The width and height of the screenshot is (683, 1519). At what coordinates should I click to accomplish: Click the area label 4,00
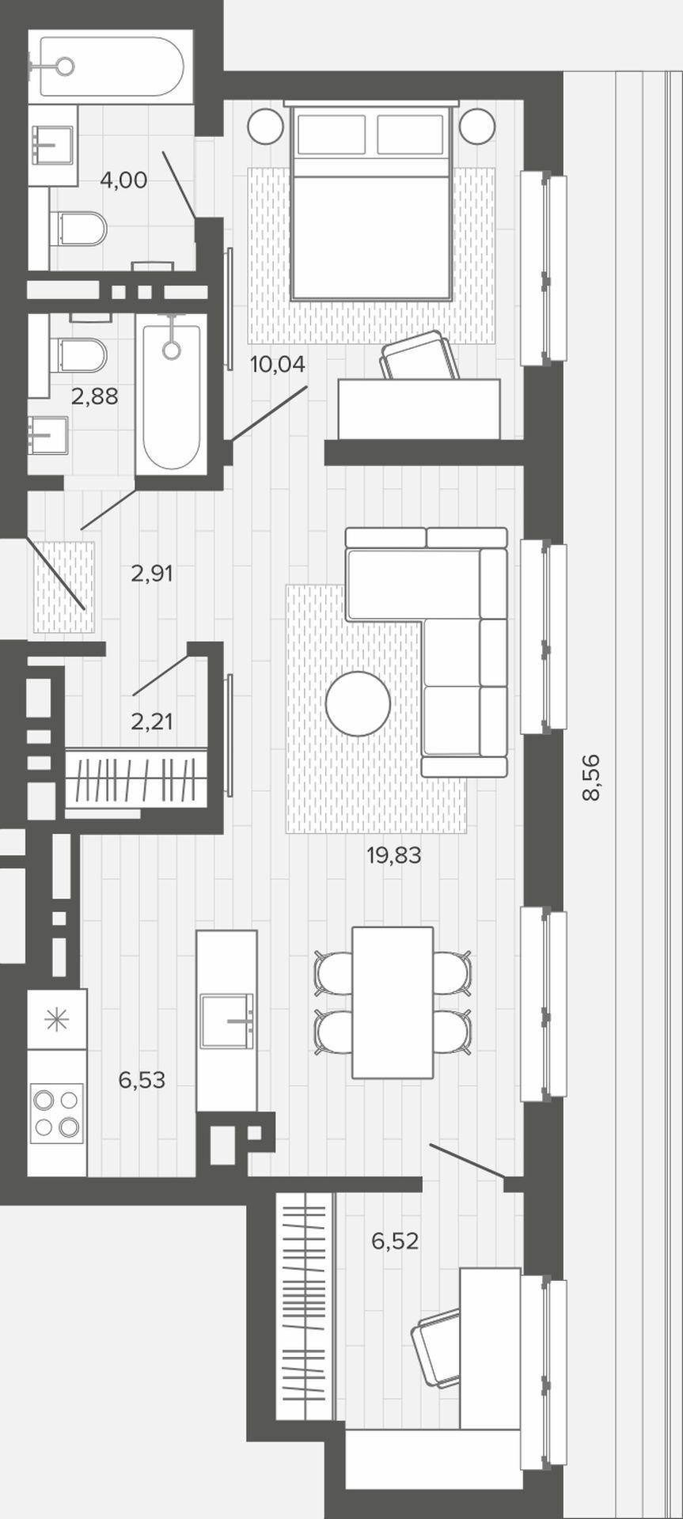coord(123,180)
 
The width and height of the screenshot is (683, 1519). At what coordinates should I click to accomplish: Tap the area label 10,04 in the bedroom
coord(277,364)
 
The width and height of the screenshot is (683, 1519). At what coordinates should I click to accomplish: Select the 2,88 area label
coord(95,396)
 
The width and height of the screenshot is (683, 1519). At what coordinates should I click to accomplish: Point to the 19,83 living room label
coord(394,854)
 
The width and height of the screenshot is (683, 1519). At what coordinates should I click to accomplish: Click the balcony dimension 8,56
coord(591,778)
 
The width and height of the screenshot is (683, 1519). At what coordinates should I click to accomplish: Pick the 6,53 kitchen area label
coord(142,1079)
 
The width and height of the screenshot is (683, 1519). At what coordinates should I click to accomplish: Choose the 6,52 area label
coord(395,1241)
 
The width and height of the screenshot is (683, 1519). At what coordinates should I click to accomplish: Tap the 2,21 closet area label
coord(151,721)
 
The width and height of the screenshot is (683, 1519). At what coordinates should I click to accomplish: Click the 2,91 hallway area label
coord(151,573)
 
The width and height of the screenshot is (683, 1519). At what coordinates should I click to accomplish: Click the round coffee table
coord(358,703)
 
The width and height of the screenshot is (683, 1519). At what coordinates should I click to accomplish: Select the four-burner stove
coord(57,1113)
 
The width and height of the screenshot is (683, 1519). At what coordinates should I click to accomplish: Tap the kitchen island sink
coord(226,1021)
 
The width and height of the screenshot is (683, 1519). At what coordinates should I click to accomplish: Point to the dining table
coord(393,1002)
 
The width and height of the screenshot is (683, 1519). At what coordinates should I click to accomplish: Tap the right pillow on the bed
coord(410,134)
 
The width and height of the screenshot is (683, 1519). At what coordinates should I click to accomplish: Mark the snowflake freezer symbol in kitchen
coord(57,1019)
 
